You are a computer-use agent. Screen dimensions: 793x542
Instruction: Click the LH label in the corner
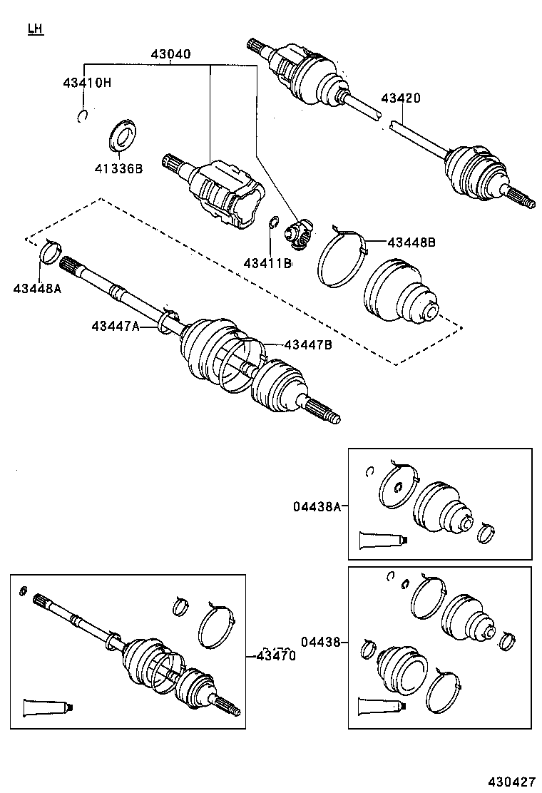(35, 29)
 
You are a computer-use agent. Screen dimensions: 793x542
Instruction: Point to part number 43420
(400, 98)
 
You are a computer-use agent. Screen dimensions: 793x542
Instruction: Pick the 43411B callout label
(267, 263)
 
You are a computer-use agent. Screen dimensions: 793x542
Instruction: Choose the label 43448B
(411, 242)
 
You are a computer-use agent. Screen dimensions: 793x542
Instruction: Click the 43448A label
(37, 288)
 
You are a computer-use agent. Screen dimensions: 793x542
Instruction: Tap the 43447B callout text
(308, 345)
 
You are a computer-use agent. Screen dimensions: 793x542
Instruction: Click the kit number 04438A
(317, 506)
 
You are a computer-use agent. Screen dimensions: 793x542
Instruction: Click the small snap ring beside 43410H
(82, 116)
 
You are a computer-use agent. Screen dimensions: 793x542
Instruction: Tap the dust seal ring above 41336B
(122, 136)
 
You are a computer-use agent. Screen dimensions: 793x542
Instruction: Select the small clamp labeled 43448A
(50, 252)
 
